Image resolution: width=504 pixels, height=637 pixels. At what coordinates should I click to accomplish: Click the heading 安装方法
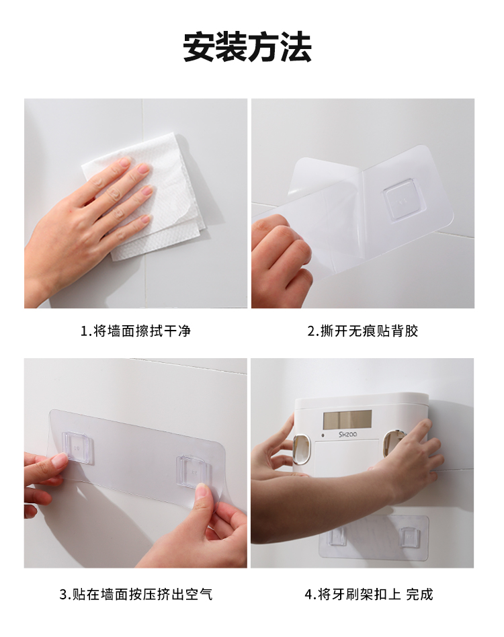[x=247, y=47]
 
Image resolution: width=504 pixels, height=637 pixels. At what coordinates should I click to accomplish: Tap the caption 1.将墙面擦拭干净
[x=136, y=331]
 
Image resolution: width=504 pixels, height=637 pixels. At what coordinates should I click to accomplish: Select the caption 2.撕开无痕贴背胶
[x=363, y=331]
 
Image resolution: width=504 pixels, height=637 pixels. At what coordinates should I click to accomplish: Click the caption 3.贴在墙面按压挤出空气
[x=136, y=595]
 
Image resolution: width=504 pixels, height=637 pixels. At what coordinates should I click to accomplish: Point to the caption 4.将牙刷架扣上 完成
[x=369, y=595]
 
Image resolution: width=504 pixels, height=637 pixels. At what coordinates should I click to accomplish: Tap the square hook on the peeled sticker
[x=405, y=200]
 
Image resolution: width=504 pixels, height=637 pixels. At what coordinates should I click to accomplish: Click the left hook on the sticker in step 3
[x=77, y=447]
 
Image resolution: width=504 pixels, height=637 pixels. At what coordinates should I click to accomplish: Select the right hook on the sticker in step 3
[x=192, y=472]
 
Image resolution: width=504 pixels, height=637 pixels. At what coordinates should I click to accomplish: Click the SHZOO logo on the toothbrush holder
[x=347, y=434]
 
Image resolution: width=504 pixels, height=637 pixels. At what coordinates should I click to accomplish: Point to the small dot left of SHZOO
[x=323, y=435]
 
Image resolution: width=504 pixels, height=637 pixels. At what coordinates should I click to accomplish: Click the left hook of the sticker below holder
[x=337, y=536]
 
